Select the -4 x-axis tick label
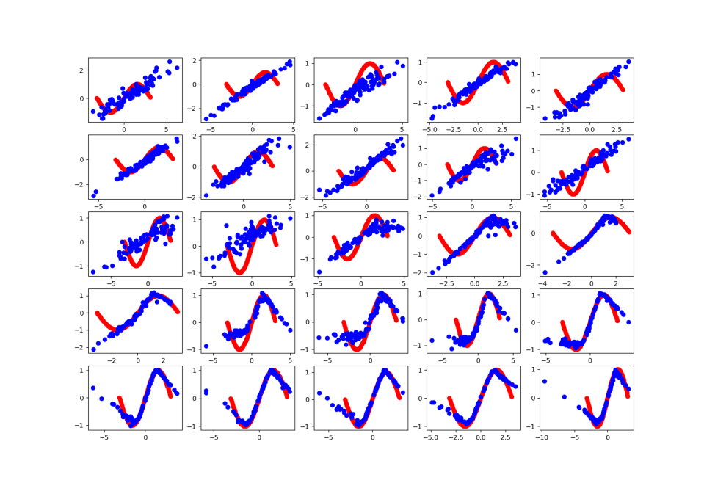[543, 282]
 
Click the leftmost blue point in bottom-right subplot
[545, 381]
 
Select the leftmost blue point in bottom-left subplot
[93, 388]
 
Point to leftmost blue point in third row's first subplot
[93, 272]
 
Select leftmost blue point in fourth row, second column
[206, 346]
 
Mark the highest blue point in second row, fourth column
[516, 138]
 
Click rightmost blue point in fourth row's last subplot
[628, 322]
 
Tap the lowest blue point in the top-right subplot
[545, 118]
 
